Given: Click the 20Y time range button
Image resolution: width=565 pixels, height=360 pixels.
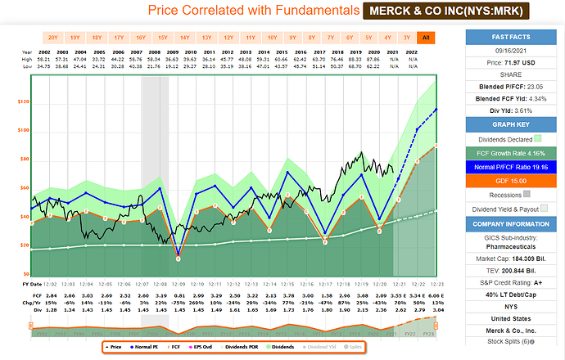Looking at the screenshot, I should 53,38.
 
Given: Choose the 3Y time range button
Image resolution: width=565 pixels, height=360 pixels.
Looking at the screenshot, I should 407,38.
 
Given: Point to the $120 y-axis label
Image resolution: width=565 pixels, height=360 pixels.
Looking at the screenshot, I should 24,102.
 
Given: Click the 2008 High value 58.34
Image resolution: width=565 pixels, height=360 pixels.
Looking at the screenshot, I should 161,60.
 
